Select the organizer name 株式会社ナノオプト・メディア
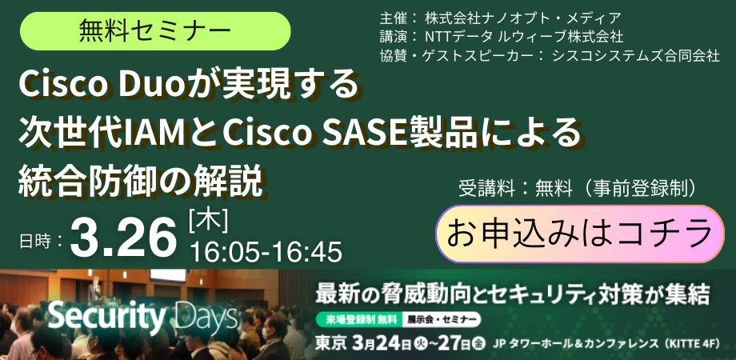coord(520,17)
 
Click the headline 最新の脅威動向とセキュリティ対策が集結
coord(513,294)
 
